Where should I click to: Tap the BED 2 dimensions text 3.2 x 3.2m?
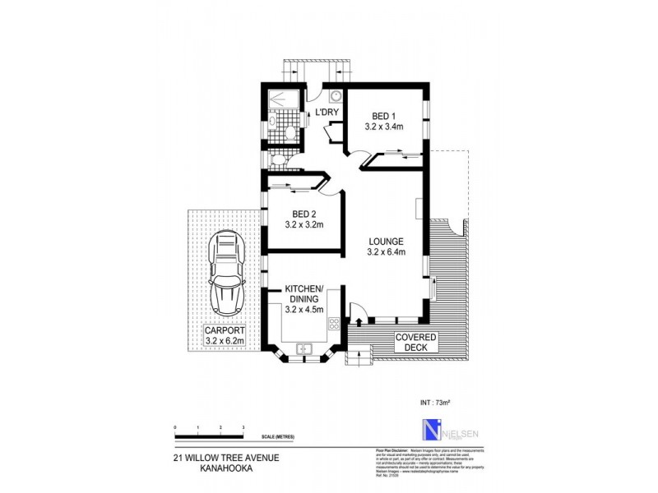coord(304,223)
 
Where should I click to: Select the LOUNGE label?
coord(385,241)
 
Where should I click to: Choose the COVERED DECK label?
coord(416,342)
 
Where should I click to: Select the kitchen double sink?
coord(304,348)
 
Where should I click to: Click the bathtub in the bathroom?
coord(285,104)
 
